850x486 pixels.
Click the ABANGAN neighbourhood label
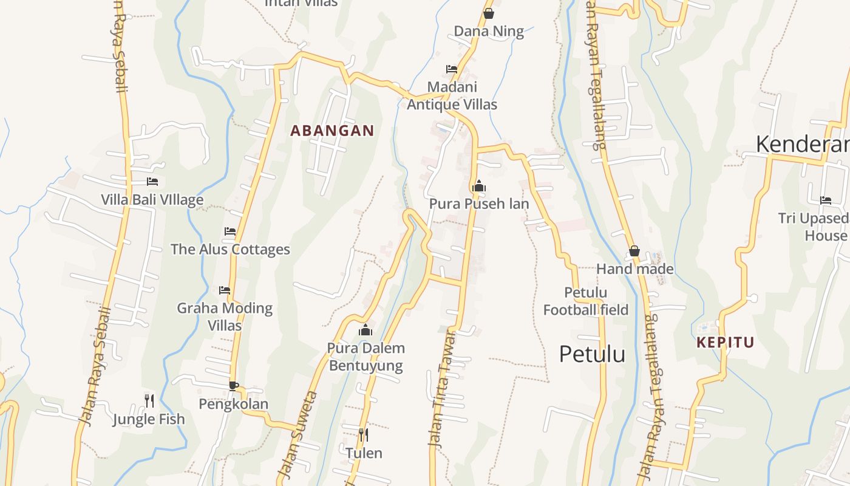pyautogui.click(x=332, y=131)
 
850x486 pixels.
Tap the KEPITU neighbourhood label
pyautogui.click(x=725, y=342)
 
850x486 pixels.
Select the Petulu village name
pyautogui.click(x=592, y=354)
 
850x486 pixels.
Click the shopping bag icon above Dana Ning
pyautogui.click(x=489, y=13)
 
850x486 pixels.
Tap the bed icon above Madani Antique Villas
pyautogui.click(x=452, y=69)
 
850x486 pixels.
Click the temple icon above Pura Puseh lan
pyautogui.click(x=478, y=186)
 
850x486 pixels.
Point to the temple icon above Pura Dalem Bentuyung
pyautogui.click(x=365, y=330)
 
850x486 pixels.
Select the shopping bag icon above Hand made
pyautogui.click(x=634, y=251)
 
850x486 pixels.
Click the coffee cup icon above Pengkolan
pyautogui.click(x=234, y=385)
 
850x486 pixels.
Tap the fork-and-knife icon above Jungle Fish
pyautogui.click(x=149, y=400)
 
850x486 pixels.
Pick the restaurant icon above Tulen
pyautogui.click(x=363, y=434)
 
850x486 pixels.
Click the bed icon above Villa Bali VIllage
pyautogui.click(x=152, y=182)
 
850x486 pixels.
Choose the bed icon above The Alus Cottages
pyautogui.click(x=230, y=231)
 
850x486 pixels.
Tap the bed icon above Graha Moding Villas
pyautogui.click(x=225, y=290)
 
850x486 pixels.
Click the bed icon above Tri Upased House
pyautogui.click(x=826, y=200)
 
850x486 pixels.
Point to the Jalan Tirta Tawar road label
pyautogui.click(x=441, y=389)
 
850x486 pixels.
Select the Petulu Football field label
pyautogui.click(x=585, y=301)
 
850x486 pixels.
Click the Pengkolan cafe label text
pyautogui.click(x=233, y=404)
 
